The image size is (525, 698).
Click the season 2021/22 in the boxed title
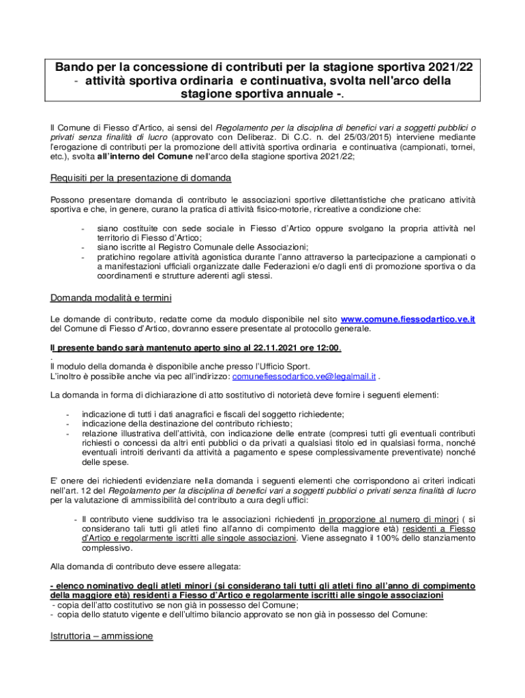[x=447, y=67]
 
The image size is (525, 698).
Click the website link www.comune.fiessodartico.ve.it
[x=407, y=319]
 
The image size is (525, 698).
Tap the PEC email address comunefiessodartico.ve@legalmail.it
[x=304, y=376]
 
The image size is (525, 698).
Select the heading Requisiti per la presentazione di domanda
[x=141, y=179]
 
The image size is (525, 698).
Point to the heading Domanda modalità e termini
[x=111, y=298]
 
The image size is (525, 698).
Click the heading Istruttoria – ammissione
[x=102, y=636]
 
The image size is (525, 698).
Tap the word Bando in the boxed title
[x=74, y=67]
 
